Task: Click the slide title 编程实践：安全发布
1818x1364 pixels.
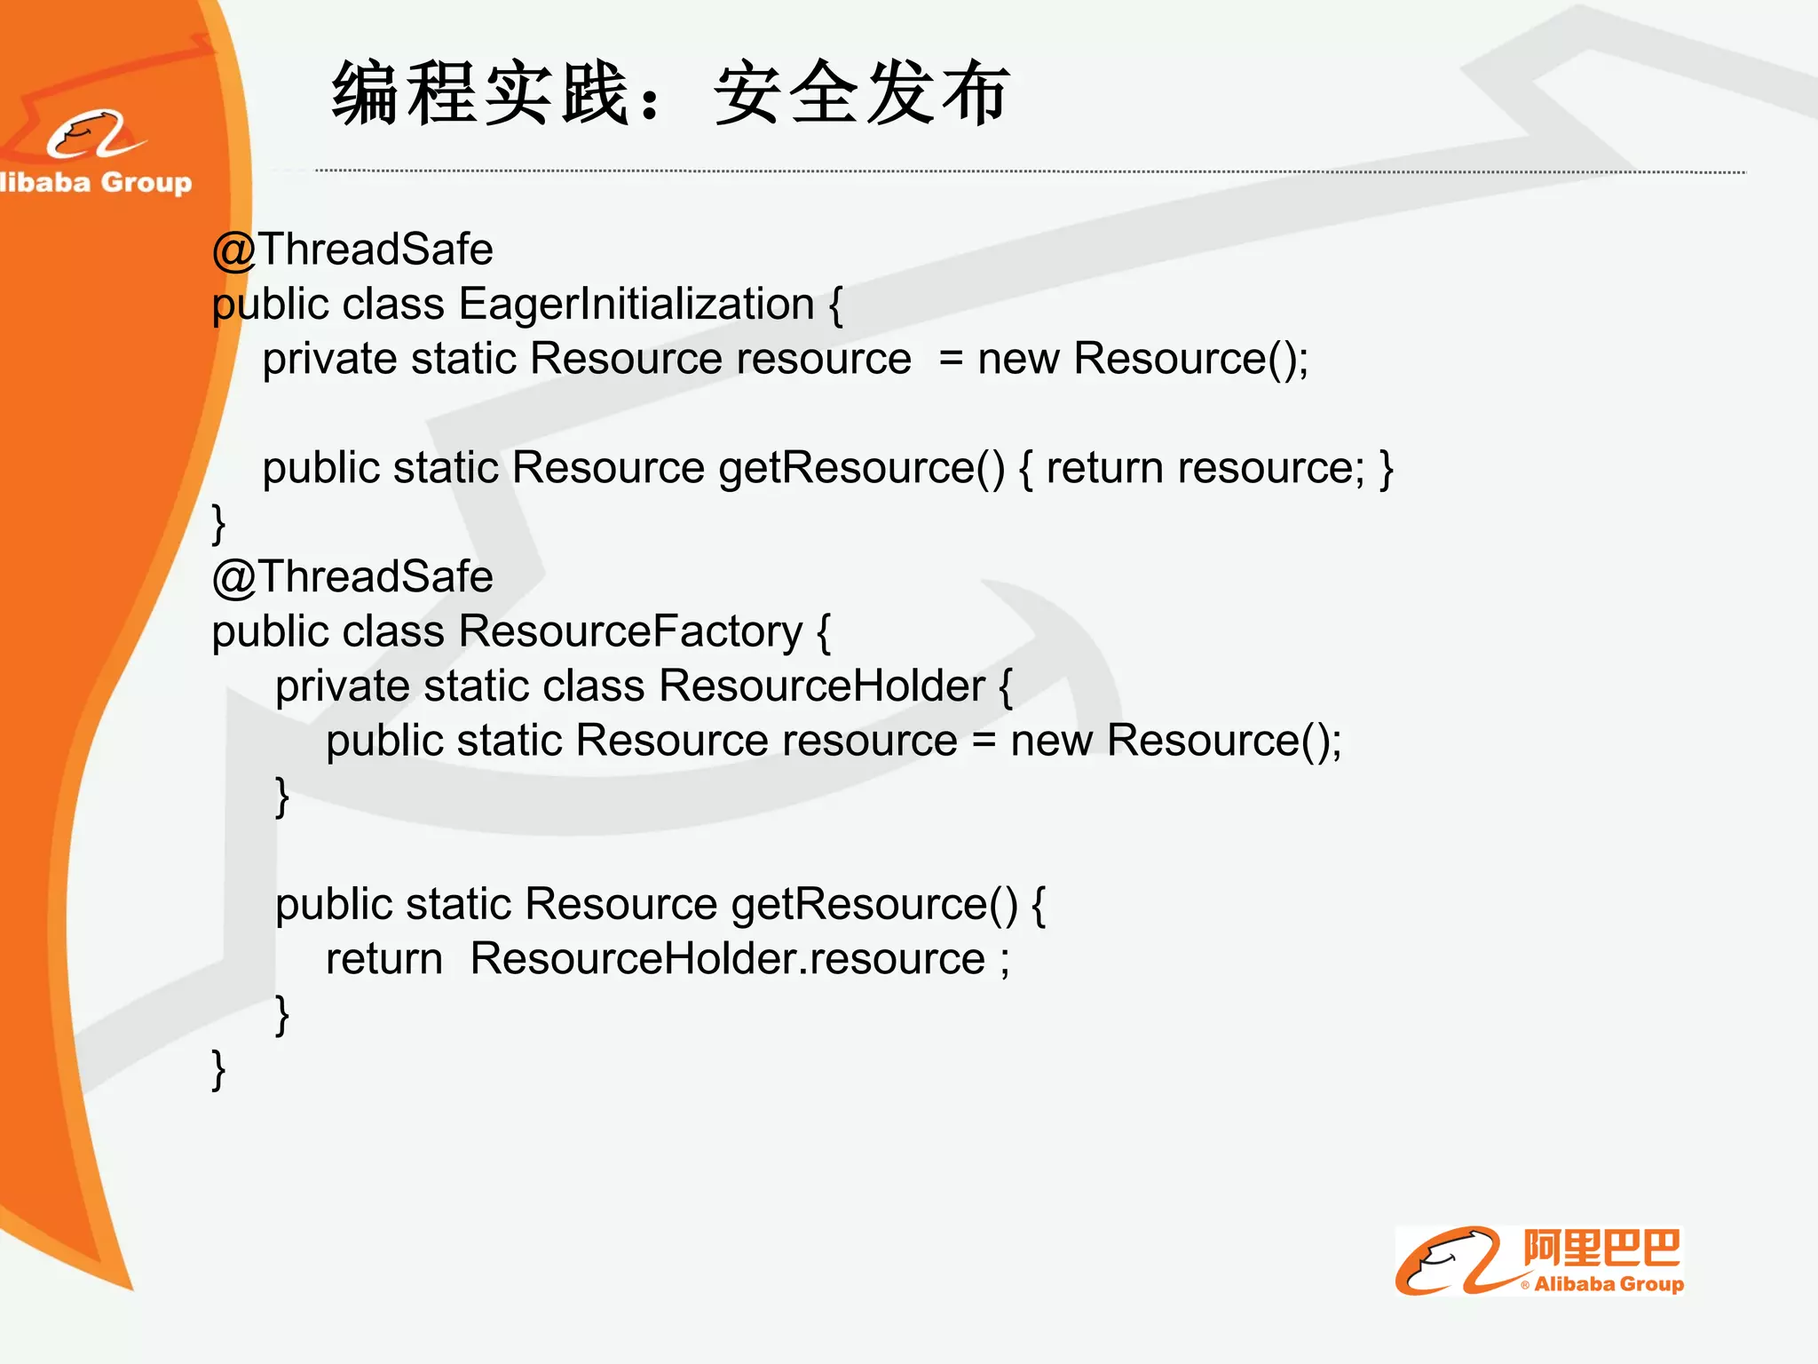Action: point(670,93)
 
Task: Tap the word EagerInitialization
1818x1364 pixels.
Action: point(636,305)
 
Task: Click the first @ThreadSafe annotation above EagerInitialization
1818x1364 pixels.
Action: point(352,250)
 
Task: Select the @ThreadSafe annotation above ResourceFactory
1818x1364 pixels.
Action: point(352,577)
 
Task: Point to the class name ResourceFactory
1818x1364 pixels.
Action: point(630,632)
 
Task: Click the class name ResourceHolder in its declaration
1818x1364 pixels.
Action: point(821,686)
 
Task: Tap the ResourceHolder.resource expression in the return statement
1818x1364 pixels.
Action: point(727,959)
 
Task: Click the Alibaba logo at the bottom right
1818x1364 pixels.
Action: point(1538,1261)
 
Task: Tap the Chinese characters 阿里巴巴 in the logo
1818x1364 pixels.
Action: point(1601,1248)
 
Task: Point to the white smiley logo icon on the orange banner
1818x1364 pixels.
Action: point(93,135)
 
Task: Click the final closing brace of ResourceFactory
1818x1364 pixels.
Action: point(218,1070)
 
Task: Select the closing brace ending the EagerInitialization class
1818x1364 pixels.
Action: point(218,524)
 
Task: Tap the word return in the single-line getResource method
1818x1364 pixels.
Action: point(1103,468)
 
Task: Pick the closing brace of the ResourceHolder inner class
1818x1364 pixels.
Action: point(282,797)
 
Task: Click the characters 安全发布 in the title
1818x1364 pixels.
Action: point(861,93)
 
